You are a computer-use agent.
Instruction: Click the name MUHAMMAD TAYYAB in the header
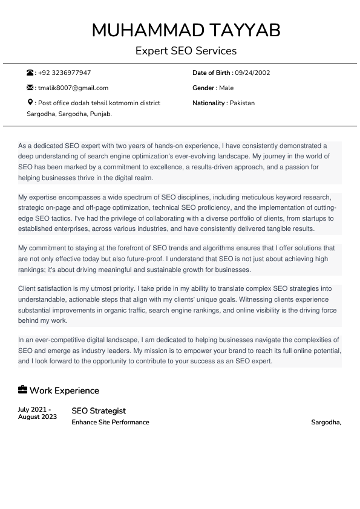tap(186, 30)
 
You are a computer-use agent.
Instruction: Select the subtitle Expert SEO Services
tap(186, 51)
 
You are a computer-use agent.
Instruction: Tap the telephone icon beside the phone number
tap(30, 73)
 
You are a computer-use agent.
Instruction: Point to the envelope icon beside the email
tap(30, 88)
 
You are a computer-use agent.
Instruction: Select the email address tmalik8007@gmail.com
tap(73, 88)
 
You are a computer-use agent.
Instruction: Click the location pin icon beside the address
tap(30, 103)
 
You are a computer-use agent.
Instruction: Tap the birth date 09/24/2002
tap(252, 73)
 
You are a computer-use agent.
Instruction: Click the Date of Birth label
tap(212, 73)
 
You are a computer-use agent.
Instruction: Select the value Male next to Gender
tap(226, 88)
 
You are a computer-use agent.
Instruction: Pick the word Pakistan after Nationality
tap(242, 103)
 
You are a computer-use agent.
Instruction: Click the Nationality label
tap(209, 103)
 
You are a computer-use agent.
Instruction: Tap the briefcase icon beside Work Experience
tap(22, 390)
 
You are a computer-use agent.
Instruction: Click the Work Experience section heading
tap(64, 391)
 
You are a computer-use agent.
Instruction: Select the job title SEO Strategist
tap(99, 411)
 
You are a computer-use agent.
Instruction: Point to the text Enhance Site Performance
tap(110, 422)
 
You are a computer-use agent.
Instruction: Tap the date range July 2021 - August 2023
tap(38, 413)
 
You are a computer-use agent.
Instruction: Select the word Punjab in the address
tap(100, 114)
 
